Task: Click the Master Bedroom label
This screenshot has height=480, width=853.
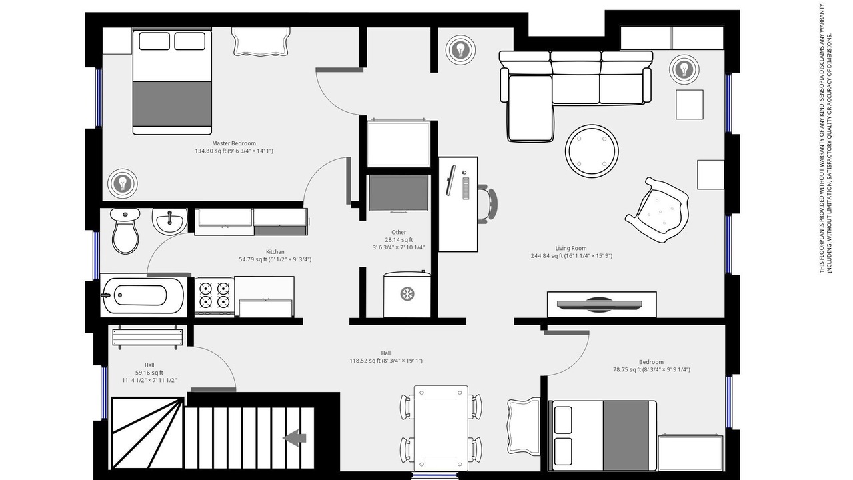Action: [x=234, y=143]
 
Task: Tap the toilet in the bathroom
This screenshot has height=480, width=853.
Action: [x=125, y=231]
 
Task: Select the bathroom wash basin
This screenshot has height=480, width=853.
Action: [x=169, y=221]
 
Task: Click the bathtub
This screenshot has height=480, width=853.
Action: [x=143, y=295]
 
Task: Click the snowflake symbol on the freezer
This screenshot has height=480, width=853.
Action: [x=407, y=294]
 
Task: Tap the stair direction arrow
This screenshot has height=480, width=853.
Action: [x=295, y=438]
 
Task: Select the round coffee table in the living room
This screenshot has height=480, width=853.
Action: [x=592, y=151]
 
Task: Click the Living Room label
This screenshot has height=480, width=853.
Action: [x=571, y=248]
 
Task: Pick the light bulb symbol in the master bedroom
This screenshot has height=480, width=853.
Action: [x=122, y=183]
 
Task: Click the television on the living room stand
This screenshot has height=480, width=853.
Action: [x=599, y=305]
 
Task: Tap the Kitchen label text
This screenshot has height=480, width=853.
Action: [x=275, y=252]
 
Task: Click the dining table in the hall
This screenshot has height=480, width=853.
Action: [x=441, y=428]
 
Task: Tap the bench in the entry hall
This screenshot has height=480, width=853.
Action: [x=147, y=337]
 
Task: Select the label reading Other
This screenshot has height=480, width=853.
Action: [x=399, y=232]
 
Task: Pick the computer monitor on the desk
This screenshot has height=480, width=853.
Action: [x=451, y=181]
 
